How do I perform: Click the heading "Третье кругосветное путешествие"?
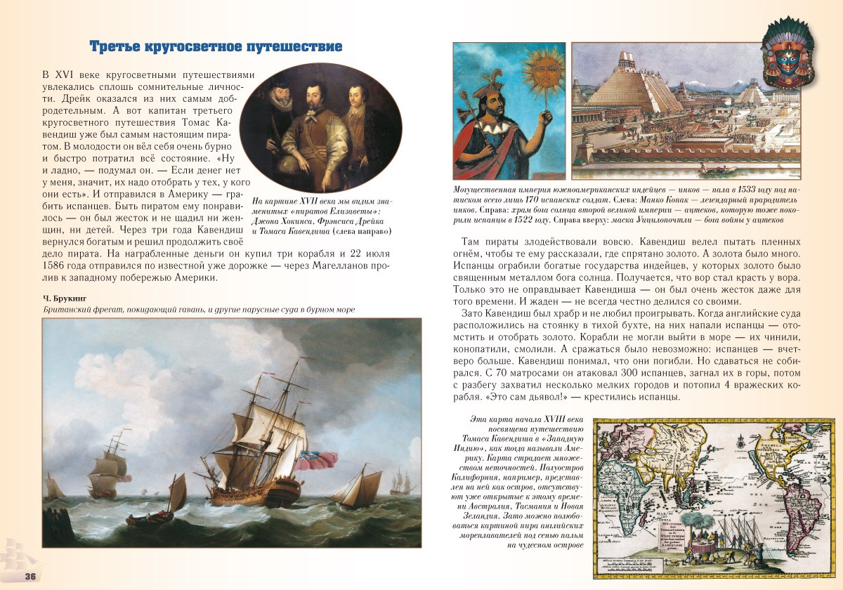[216, 47]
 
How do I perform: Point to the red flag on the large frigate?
[315, 459]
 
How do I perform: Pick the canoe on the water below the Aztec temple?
[718, 169]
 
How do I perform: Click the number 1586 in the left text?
[56, 265]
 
